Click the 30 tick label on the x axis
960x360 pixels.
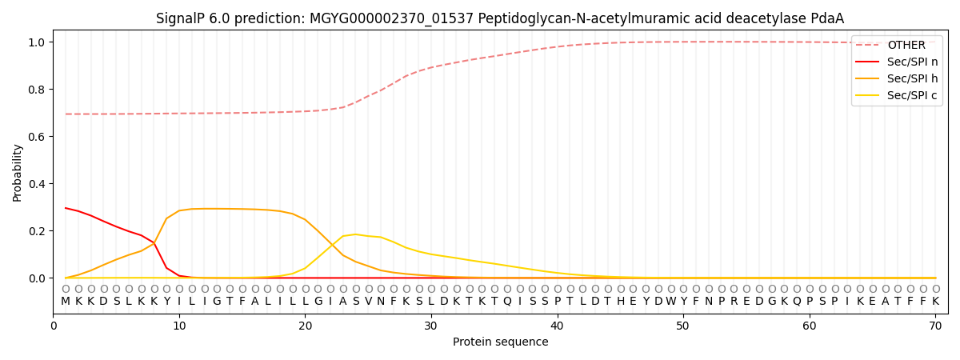[431, 326]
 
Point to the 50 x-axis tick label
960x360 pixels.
[683, 326]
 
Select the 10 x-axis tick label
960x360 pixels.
[179, 326]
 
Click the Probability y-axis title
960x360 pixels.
[18, 172]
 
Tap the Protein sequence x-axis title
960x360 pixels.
[500, 342]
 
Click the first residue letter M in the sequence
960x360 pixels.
[66, 302]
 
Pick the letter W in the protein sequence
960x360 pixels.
[670, 302]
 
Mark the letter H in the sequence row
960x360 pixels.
[620, 302]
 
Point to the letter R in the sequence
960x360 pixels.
[734, 302]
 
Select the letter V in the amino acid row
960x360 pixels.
[368, 302]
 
